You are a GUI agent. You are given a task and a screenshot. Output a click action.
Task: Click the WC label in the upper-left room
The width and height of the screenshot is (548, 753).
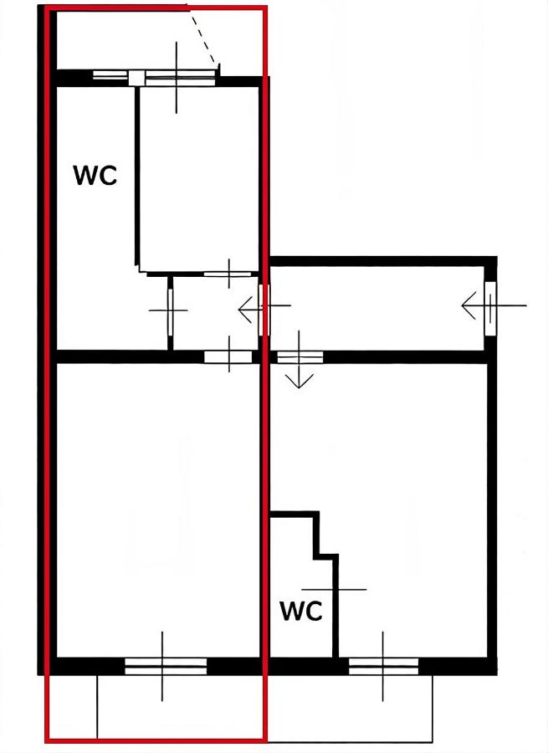pyautogui.click(x=95, y=176)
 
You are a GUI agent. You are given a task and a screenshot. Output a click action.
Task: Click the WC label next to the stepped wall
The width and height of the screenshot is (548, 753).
pyautogui.click(x=301, y=612)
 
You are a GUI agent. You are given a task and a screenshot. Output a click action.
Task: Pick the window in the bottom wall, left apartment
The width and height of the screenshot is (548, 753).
pyautogui.click(x=166, y=666)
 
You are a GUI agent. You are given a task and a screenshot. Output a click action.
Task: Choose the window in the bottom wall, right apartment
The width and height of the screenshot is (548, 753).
pyautogui.click(x=383, y=666)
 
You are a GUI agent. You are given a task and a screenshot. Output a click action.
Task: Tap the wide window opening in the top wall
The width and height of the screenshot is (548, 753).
pyautogui.click(x=177, y=79)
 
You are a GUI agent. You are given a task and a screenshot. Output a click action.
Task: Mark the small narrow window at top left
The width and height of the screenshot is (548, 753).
pyautogui.click(x=110, y=75)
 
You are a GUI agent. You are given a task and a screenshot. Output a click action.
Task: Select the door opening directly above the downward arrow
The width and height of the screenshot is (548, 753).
pyautogui.click(x=300, y=357)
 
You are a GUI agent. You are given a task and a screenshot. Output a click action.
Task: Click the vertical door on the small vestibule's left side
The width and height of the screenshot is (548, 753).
pyautogui.click(x=170, y=310)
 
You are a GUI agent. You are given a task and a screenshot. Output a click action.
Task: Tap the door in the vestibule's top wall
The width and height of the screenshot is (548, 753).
pyautogui.click(x=228, y=273)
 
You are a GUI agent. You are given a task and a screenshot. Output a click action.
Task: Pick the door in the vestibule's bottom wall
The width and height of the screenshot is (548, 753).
pyautogui.click(x=228, y=357)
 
